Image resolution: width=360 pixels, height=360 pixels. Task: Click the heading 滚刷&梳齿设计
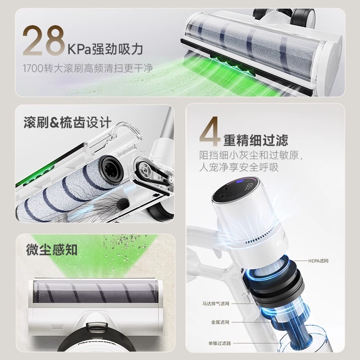tap(67, 122)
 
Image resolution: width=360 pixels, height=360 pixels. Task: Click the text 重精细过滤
tap(256, 140)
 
